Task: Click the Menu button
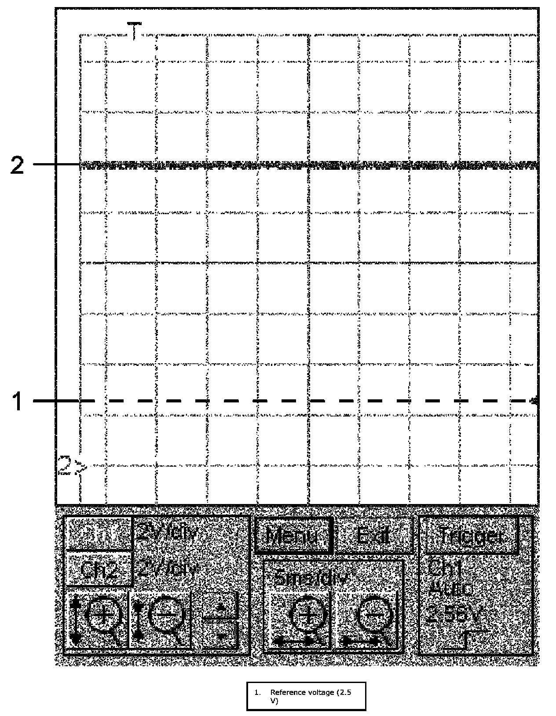pos(292,535)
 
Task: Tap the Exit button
pos(373,535)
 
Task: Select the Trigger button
pos(470,535)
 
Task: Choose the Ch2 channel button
pos(99,570)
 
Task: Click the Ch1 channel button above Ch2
pos(99,533)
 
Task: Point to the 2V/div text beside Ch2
pos(165,570)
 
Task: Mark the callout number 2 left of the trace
pos(17,166)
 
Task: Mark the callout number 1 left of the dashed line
pos(17,402)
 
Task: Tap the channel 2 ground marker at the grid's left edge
pos(70,466)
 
